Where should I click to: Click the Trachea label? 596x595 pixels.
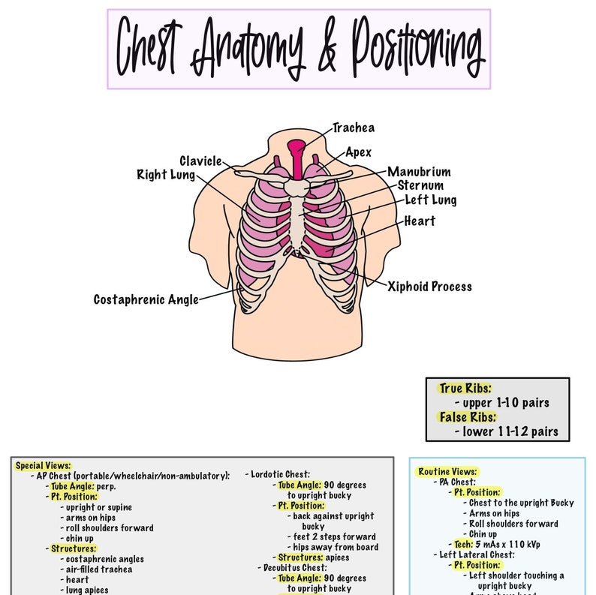pos(353,128)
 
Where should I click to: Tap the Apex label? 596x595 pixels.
pos(358,152)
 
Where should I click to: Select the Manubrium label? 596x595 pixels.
pos(419,172)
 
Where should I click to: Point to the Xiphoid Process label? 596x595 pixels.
pos(429,286)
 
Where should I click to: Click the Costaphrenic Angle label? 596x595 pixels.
pos(146,299)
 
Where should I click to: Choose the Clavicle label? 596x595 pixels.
pos(200,161)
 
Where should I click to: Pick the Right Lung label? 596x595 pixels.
pos(165,175)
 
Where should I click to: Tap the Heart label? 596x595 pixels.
pos(419,221)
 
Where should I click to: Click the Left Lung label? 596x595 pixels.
pos(430,200)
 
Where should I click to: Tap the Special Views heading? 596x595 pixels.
pos(43,465)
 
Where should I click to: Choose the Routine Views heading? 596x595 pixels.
pos(447,472)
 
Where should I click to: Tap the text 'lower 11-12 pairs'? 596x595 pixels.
pos(506,431)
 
